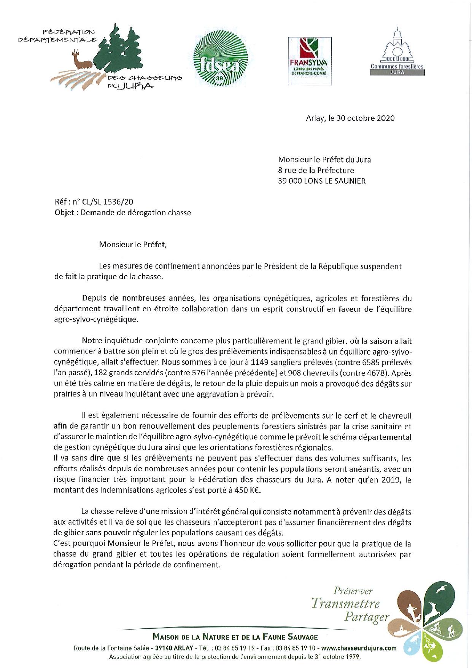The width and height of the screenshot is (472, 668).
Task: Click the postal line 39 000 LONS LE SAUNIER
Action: click(322, 181)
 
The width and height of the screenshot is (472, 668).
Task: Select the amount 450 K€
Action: click(243, 491)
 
